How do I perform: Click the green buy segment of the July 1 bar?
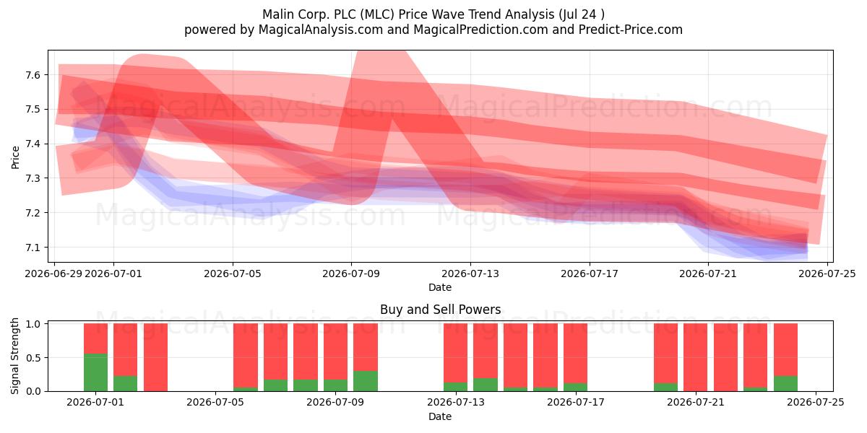click(x=95, y=372)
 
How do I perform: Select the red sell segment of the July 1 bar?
click(x=95, y=338)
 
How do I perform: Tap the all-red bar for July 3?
click(x=155, y=357)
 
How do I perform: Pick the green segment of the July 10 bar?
click(x=366, y=381)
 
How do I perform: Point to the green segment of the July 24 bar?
click(x=785, y=383)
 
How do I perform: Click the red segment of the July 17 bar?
click(x=575, y=354)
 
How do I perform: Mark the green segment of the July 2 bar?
click(x=126, y=383)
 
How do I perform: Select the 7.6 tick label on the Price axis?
click(x=33, y=75)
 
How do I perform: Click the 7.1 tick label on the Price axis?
click(x=33, y=248)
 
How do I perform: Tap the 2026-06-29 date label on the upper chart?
click(x=53, y=274)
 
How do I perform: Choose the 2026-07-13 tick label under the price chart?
click(x=470, y=274)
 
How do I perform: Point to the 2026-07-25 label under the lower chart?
click(x=816, y=403)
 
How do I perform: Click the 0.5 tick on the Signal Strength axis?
click(x=33, y=358)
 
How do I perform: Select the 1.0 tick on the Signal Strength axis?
click(x=33, y=323)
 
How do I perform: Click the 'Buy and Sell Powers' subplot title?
click(x=441, y=310)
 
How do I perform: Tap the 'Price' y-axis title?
click(x=15, y=157)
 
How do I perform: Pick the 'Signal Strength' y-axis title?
click(x=14, y=356)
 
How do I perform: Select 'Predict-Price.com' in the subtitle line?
click(x=631, y=30)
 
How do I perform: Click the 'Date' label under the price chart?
click(x=440, y=287)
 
